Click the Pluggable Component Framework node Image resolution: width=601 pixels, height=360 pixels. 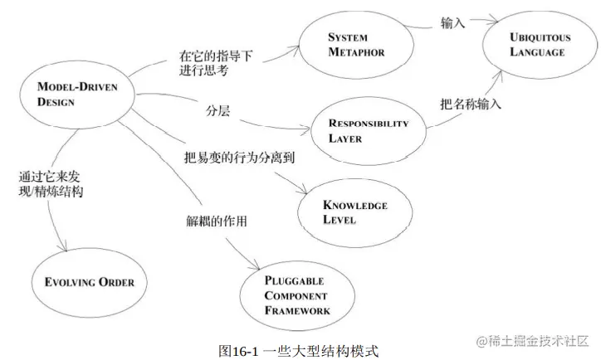click(295, 297)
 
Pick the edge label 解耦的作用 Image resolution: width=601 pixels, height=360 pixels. click(217, 221)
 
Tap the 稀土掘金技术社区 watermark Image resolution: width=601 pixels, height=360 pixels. click(533, 341)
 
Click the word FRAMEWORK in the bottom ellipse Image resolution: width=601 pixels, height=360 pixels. click(298, 311)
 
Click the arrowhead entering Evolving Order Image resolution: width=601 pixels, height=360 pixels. click(66, 247)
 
